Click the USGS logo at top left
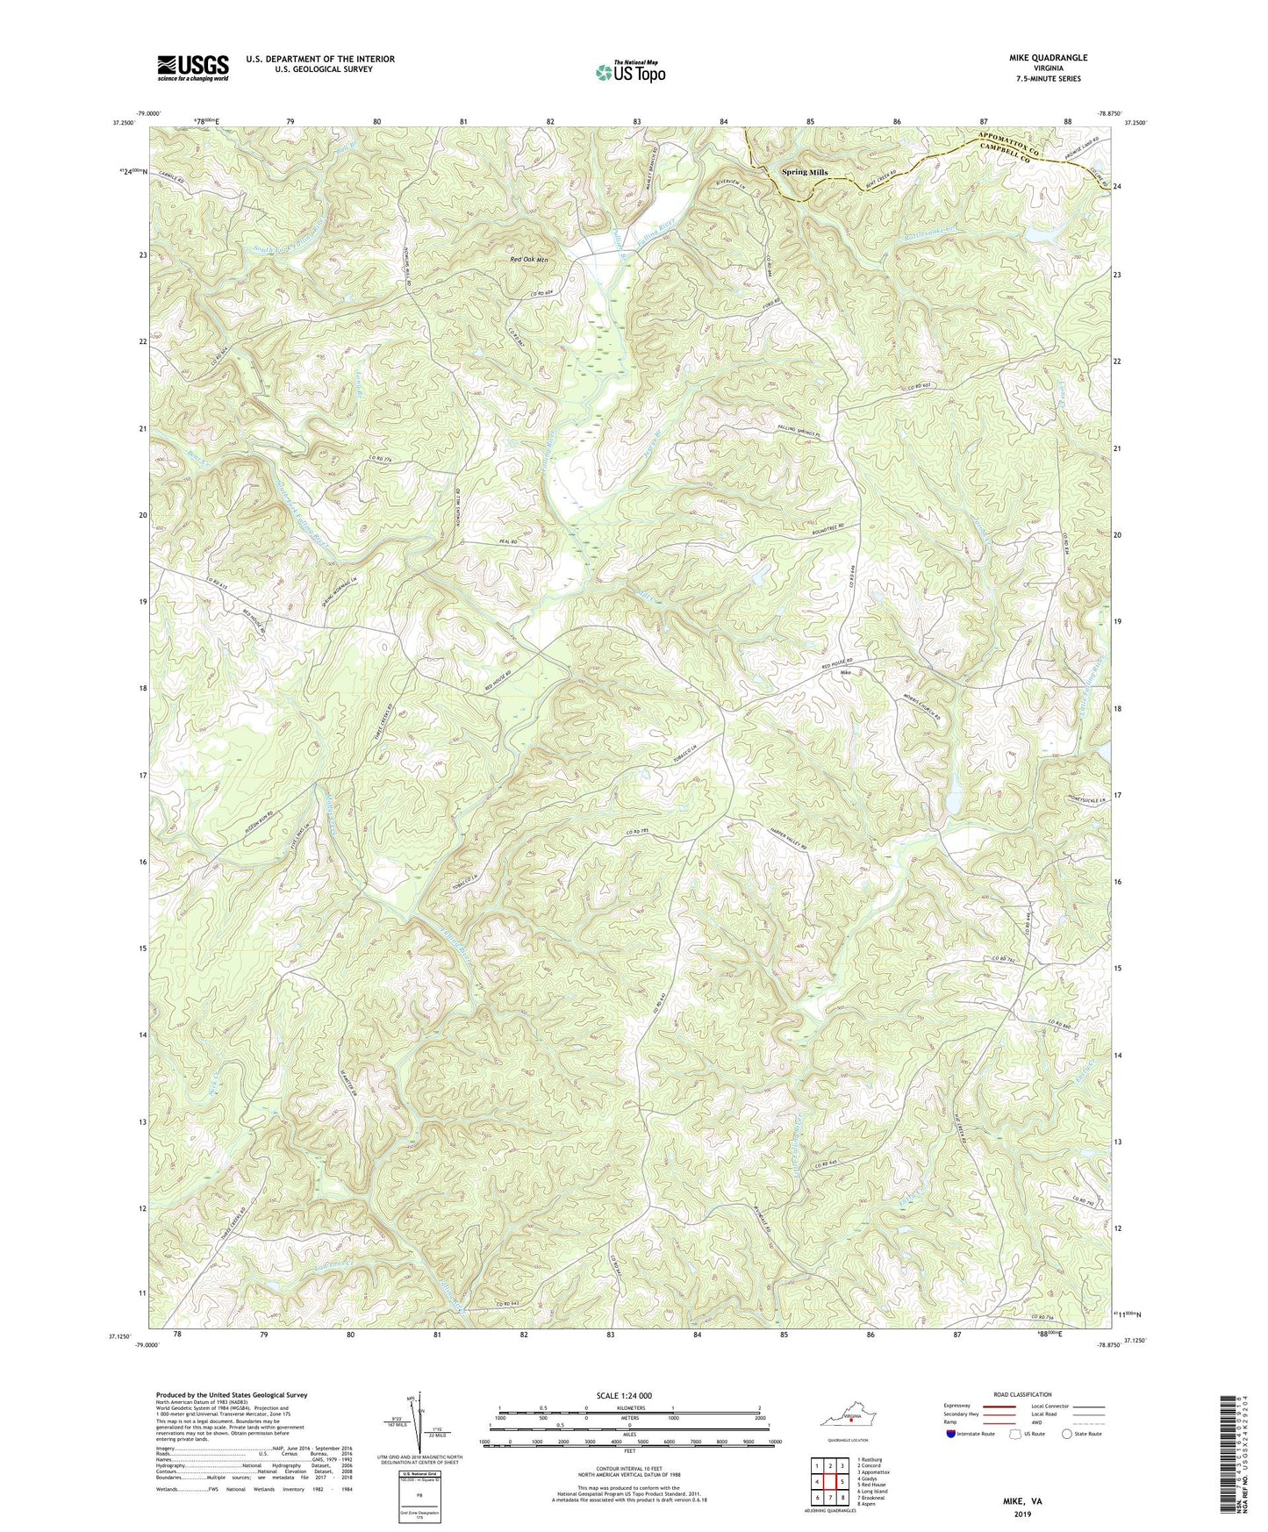(x=193, y=68)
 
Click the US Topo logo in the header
(x=629, y=72)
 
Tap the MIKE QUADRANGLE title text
(x=1048, y=58)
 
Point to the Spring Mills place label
(x=805, y=173)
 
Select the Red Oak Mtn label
(x=529, y=260)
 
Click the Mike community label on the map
(x=846, y=673)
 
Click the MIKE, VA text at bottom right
(x=1022, y=1501)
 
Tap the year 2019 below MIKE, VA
(x=1022, y=1514)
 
